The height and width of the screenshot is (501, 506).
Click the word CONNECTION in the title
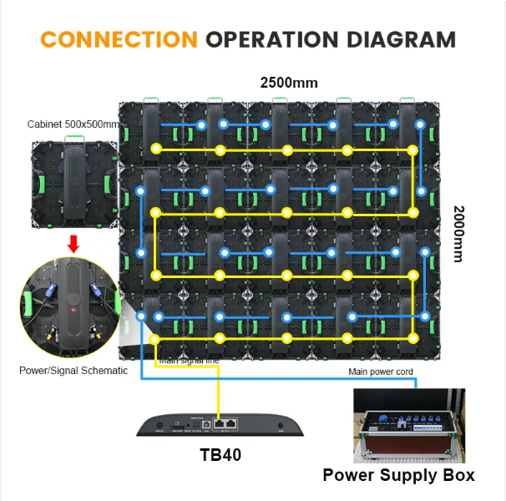tap(118, 39)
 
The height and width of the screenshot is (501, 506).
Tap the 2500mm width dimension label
tap(289, 83)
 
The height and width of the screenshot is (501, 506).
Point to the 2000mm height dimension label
tap(458, 234)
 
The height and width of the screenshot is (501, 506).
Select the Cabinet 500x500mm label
tap(73, 124)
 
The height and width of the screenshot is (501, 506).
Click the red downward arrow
tap(73, 244)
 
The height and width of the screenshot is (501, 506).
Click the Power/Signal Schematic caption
tap(73, 371)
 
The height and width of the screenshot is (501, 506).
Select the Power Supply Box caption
tap(399, 475)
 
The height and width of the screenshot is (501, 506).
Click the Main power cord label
tap(381, 372)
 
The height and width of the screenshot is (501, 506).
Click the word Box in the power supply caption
tap(455, 475)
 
